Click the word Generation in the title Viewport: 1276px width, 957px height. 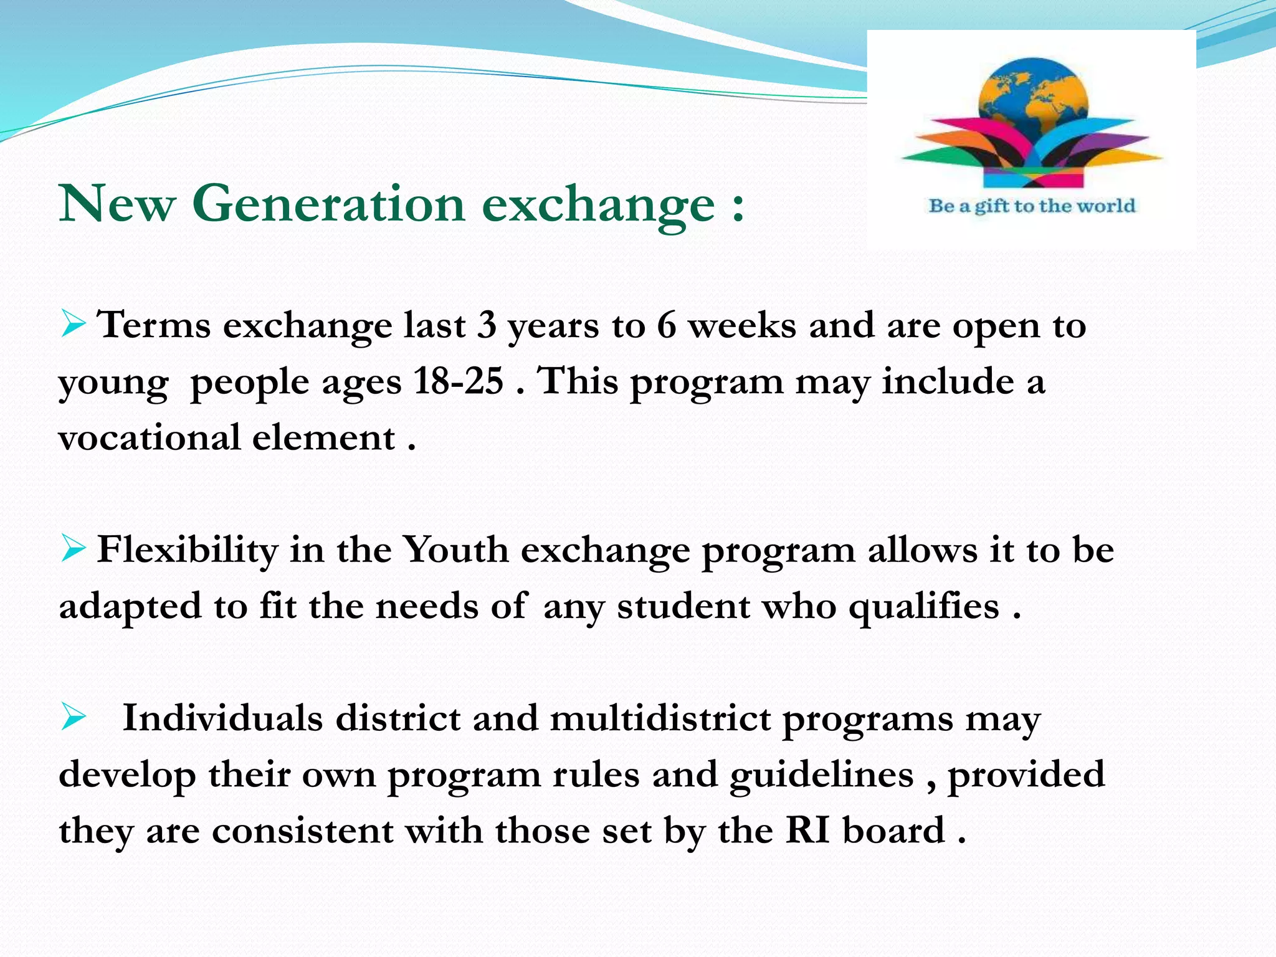point(328,204)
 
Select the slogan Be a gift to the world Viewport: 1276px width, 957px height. point(1032,206)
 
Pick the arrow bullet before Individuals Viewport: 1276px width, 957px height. point(73,718)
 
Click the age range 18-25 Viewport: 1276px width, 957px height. point(458,381)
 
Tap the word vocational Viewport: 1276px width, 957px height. point(150,437)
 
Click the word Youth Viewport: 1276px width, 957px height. point(455,550)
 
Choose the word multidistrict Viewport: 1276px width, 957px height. point(660,718)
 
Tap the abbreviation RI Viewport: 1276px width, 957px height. point(807,830)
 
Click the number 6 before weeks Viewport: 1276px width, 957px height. point(666,325)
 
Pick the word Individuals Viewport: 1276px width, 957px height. point(222,718)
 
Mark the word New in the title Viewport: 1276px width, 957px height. point(117,204)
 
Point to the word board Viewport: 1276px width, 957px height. point(893,830)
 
